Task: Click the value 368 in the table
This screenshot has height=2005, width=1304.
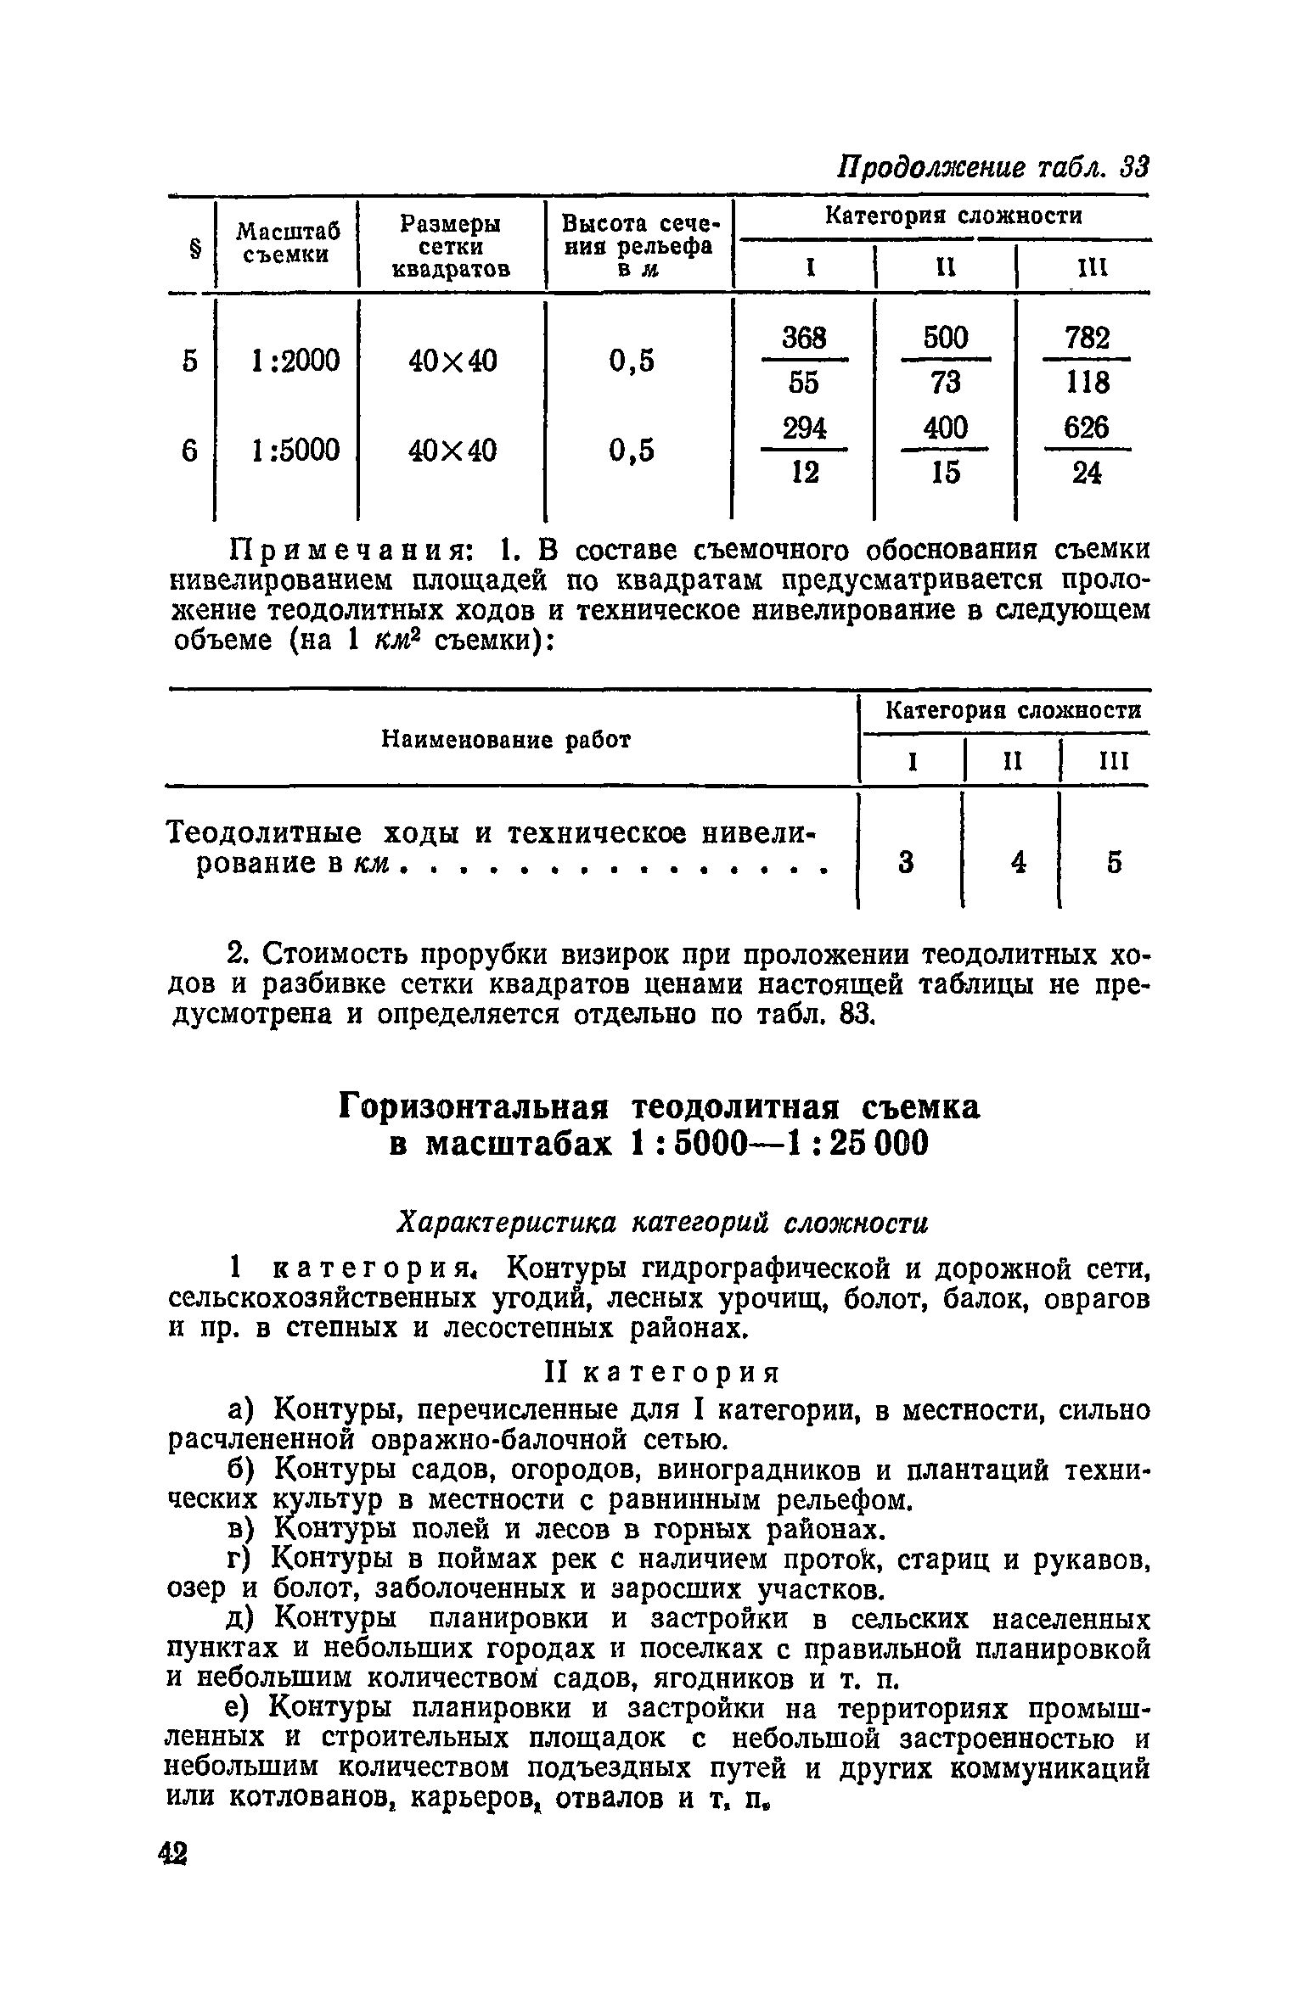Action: pyautogui.click(x=803, y=339)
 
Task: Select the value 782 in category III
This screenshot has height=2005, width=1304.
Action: pyautogui.click(x=1088, y=339)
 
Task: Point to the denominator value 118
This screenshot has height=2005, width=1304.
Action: pyautogui.click(x=1088, y=384)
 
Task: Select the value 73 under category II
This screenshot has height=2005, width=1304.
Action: pyautogui.click(x=945, y=384)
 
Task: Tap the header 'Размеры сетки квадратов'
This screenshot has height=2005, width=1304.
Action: pyautogui.click(x=451, y=246)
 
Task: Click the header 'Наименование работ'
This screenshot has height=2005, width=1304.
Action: pyautogui.click(x=506, y=740)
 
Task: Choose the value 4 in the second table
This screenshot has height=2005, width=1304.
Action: pyautogui.click(x=1018, y=863)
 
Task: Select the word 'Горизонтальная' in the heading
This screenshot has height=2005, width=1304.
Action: pyautogui.click(x=475, y=1106)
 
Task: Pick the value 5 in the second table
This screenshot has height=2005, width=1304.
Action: pyautogui.click(x=1114, y=863)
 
